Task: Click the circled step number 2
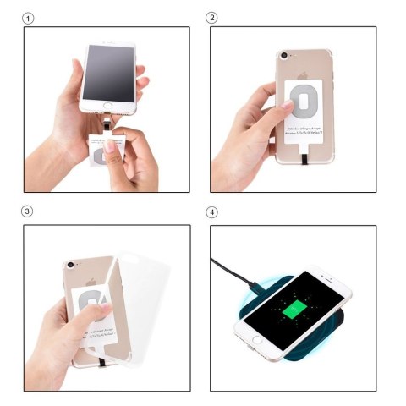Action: [212, 17]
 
